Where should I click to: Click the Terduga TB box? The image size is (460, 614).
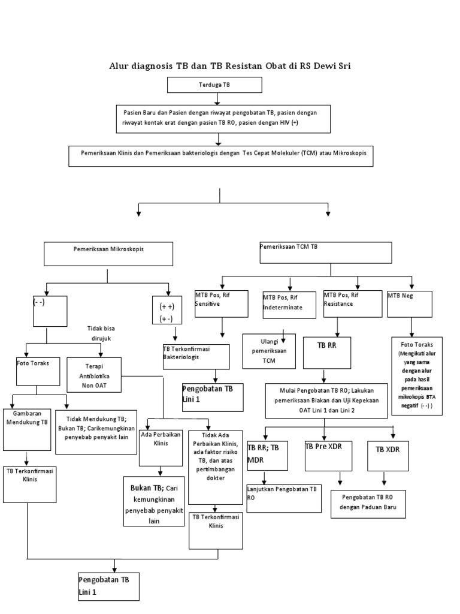point(214,86)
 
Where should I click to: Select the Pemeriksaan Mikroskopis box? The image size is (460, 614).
point(108,254)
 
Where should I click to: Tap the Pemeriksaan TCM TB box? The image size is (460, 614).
point(325,252)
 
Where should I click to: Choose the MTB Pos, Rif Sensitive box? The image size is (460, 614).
point(220,303)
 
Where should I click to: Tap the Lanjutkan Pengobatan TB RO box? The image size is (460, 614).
point(283,498)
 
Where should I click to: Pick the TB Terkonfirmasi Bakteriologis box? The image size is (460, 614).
point(196,356)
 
